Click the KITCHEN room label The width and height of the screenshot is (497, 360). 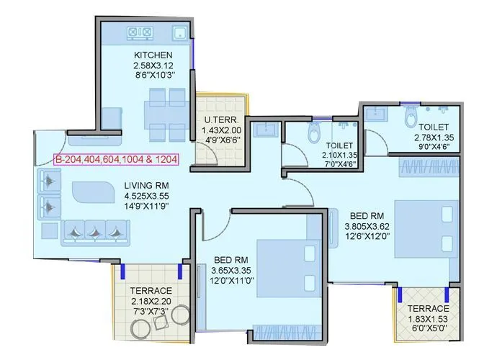point(153,55)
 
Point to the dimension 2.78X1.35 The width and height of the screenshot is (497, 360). point(436,138)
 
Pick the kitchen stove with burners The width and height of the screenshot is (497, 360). point(140,32)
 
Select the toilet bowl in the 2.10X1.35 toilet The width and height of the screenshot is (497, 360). point(314,133)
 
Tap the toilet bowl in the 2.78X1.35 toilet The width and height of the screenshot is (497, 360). point(411,116)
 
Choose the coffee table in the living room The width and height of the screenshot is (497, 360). point(92,194)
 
